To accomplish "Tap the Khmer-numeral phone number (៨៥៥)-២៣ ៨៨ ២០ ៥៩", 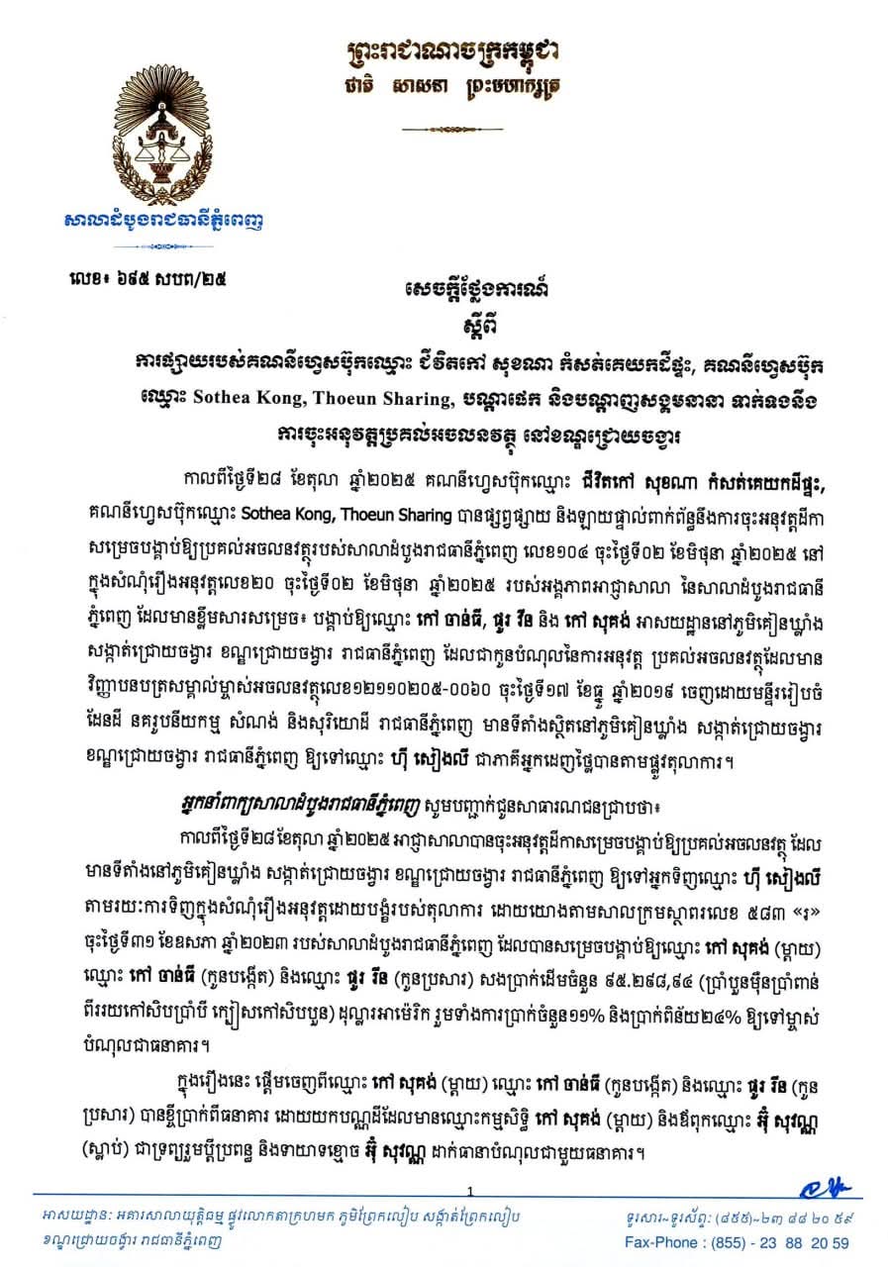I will (775, 1218).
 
